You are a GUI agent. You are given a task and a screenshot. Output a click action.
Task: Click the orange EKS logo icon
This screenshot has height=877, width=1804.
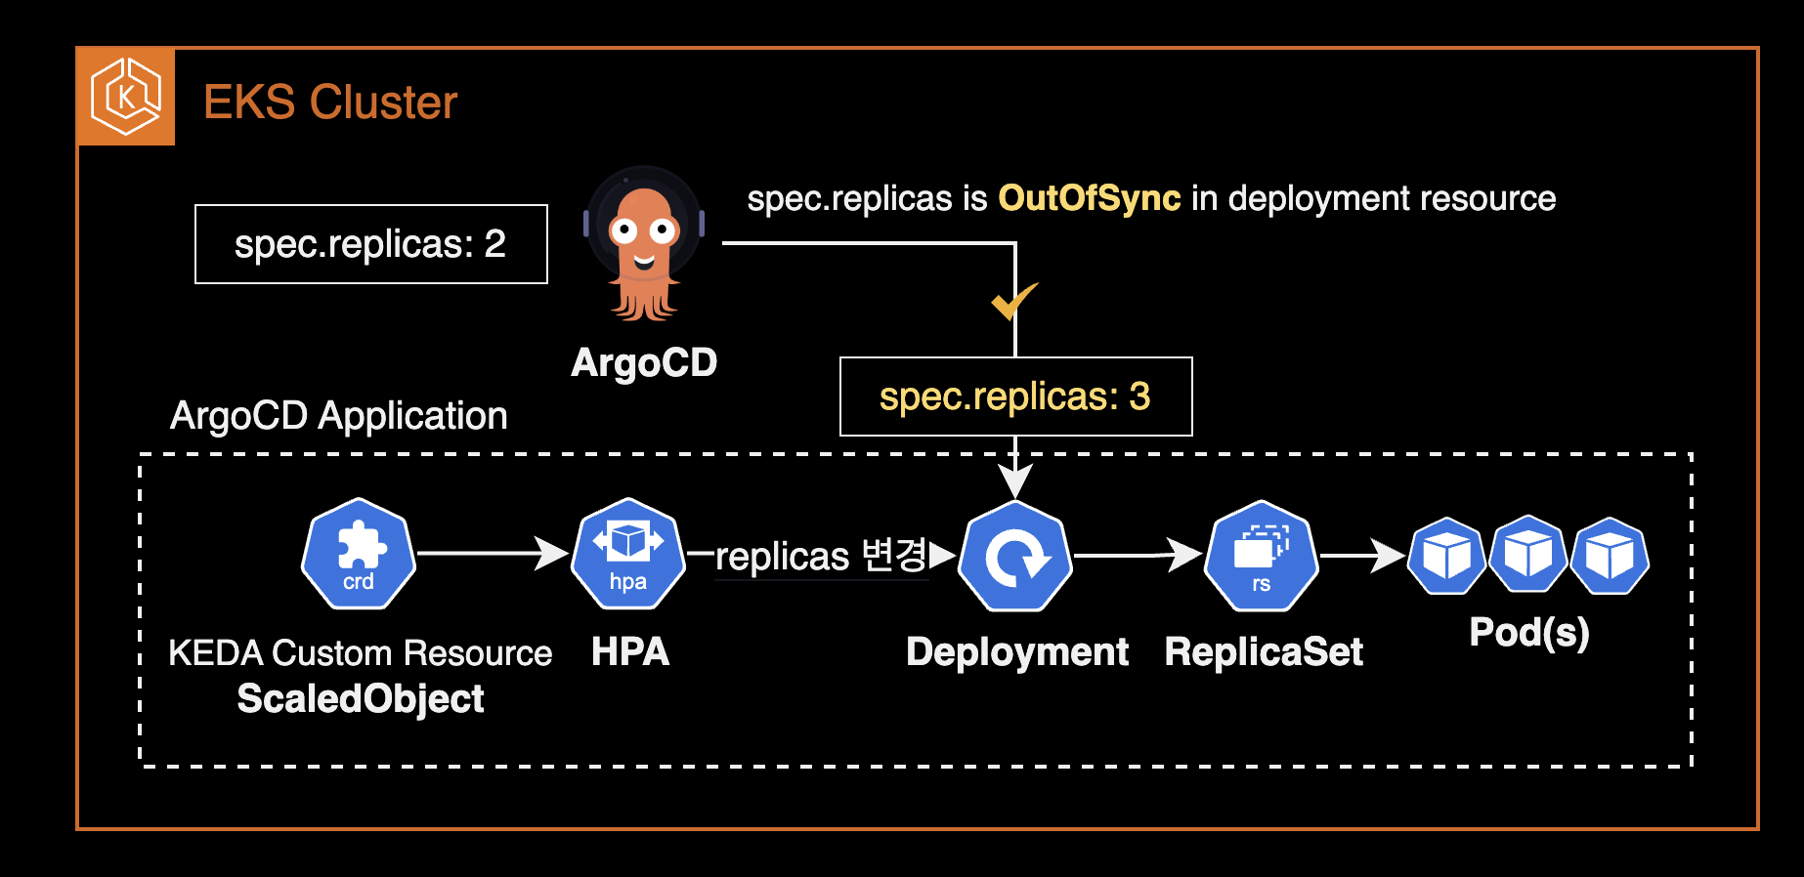126,97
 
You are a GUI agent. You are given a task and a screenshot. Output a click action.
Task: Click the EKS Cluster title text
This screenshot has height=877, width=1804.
330,103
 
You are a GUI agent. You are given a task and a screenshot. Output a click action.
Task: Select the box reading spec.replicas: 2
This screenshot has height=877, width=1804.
371,244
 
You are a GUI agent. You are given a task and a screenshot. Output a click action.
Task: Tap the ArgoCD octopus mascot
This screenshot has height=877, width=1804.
644,244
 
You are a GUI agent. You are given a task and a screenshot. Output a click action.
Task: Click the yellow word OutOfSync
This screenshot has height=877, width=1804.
1089,198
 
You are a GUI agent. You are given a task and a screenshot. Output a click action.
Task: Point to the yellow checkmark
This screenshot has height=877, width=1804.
1013,301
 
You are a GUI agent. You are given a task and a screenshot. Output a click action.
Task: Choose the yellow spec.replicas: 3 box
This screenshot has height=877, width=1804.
1015,397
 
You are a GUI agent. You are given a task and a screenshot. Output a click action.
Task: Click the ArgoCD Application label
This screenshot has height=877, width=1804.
339,416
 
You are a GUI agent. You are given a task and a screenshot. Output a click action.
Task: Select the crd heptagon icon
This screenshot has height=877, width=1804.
359,554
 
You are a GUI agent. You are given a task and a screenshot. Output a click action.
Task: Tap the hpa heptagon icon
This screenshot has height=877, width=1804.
628,554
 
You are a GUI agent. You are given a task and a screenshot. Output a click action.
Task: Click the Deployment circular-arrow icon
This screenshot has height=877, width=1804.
1016,557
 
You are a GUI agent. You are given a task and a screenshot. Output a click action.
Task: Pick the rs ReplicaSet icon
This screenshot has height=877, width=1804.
1262,557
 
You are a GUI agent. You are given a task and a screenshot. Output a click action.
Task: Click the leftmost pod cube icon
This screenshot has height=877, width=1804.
1447,556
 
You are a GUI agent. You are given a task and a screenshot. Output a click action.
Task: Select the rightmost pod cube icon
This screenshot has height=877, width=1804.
1610,556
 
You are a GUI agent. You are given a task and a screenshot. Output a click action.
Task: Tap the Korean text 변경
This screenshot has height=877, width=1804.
894,555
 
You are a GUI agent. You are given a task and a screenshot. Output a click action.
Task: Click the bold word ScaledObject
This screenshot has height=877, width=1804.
361,699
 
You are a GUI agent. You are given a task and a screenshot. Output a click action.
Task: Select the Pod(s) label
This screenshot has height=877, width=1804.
1529,633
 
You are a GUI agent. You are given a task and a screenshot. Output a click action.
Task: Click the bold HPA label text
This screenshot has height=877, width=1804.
630,652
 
